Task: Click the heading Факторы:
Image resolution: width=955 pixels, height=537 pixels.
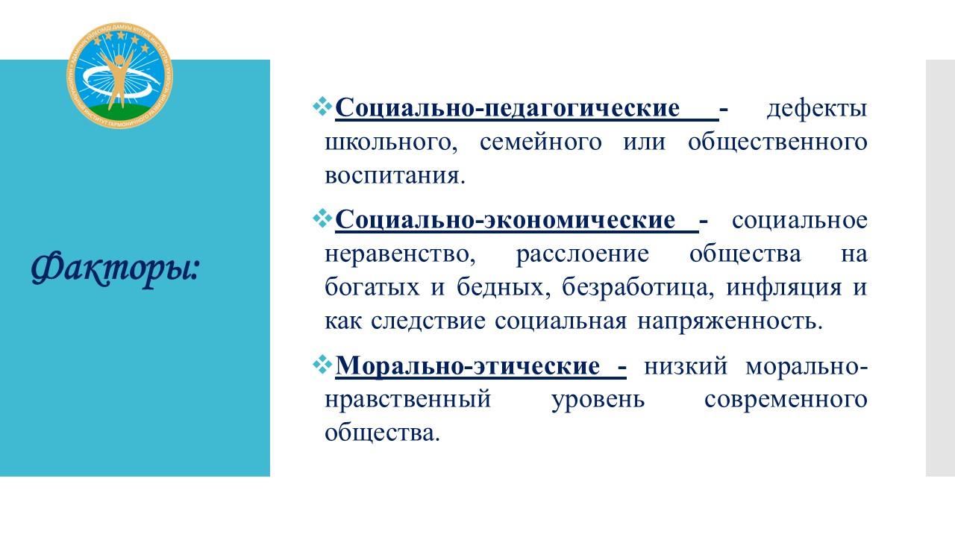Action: (115, 269)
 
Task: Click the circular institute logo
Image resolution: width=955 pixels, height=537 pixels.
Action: (120, 76)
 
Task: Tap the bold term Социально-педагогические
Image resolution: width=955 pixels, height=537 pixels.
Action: (507, 108)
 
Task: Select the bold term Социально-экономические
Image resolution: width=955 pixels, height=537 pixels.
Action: (505, 220)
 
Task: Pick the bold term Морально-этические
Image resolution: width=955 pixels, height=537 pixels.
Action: (468, 366)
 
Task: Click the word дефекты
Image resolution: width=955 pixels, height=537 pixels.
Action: (816, 108)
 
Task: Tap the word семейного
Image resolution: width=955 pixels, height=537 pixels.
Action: (541, 142)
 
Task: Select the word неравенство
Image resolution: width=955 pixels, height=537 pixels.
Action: (400, 254)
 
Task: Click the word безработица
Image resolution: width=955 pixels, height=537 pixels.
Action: (638, 288)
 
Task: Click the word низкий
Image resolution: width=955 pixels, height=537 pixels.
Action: (685, 366)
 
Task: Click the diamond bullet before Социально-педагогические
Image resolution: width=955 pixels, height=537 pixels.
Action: (322, 107)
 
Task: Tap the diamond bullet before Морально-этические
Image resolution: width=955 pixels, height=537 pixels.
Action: (322, 365)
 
